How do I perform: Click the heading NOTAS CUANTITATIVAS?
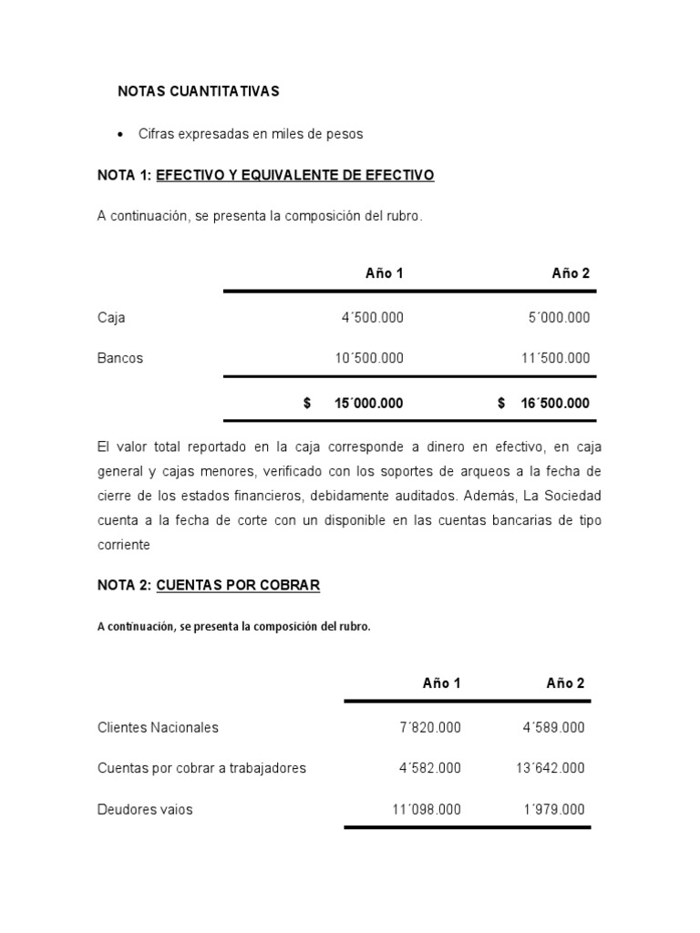pos(199,91)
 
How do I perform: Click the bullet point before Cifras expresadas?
pos(121,135)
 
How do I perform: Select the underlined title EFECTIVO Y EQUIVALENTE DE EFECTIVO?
pos(295,175)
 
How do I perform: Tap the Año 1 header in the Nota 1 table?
pos(384,273)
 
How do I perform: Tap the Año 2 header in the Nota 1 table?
pos(571,273)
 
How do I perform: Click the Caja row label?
pos(111,318)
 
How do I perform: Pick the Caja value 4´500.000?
pos(372,318)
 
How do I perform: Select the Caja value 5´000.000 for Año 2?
pos(559,318)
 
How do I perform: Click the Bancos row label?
pos(120,358)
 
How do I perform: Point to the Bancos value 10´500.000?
pos(368,358)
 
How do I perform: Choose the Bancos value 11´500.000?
pos(555,358)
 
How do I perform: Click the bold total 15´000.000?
pos(368,403)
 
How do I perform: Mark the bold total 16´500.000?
pos(555,403)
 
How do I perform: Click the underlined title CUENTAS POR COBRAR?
pos(238,585)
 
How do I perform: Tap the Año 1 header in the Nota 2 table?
pos(441,683)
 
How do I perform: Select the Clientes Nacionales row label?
pos(158,727)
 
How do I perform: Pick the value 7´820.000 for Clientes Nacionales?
pos(430,727)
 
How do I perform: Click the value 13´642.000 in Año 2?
pos(551,768)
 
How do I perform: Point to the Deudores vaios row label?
pos(145,809)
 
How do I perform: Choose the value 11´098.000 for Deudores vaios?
pos(427,809)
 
